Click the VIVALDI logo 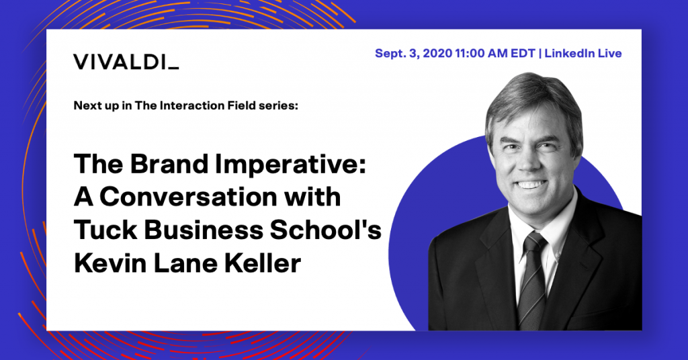(126, 62)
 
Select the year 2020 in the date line (437, 54)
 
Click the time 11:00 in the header (469, 54)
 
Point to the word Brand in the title (169, 164)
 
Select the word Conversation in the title (188, 197)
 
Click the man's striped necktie (531, 280)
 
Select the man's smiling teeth (531, 185)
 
